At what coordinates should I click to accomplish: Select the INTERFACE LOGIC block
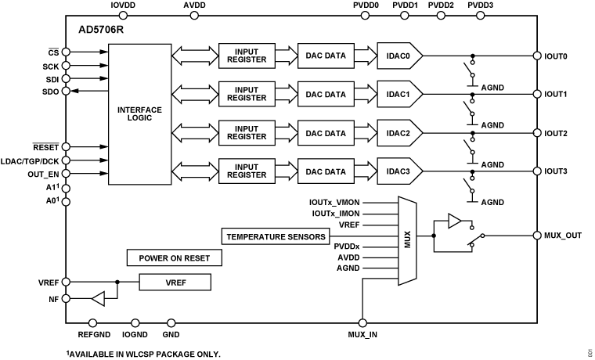tap(139, 114)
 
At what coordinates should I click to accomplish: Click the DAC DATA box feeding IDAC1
tap(325, 95)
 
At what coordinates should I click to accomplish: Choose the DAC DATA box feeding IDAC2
tap(325, 133)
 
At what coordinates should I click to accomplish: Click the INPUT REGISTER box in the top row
tap(246, 56)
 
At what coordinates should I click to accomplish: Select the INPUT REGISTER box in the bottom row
tap(246, 171)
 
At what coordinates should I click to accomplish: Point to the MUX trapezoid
tap(407, 240)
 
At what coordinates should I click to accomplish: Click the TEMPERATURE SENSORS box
tap(276, 236)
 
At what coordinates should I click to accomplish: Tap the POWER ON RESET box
tap(174, 258)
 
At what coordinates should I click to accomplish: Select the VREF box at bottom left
tap(174, 282)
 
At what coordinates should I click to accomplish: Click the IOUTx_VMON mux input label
tap(335, 202)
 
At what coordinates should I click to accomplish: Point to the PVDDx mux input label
tap(346, 246)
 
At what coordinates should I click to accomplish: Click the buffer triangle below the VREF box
tap(98, 298)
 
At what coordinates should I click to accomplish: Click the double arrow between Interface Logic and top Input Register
tap(195, 56)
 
